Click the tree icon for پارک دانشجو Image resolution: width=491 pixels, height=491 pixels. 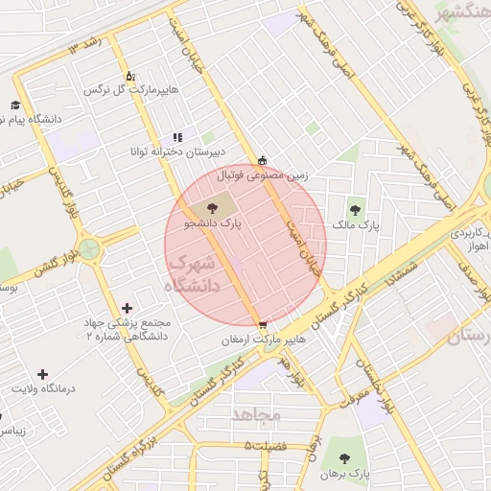212,208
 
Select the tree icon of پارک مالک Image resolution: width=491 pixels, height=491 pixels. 356,210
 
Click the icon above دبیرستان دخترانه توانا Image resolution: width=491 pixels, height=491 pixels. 177,137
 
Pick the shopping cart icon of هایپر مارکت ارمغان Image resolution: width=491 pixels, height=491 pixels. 263,324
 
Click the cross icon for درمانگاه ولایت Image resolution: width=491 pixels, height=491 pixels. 42,374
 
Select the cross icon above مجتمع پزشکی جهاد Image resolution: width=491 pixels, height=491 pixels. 128,308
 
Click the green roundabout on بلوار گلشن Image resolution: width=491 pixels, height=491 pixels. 90,251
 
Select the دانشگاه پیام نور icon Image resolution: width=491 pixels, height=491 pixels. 15,105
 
